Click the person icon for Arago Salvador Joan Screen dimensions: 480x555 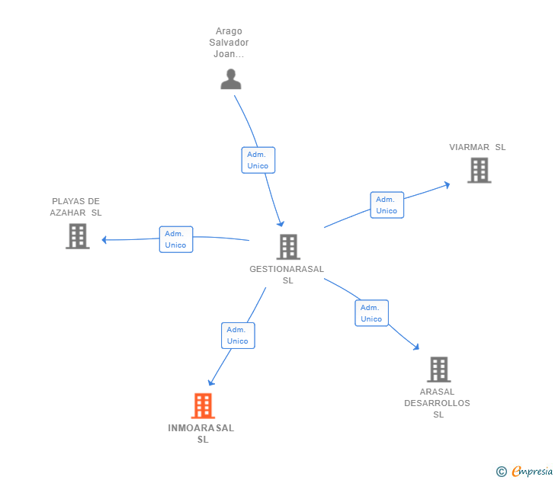pyautogui.click(x=230, y=79)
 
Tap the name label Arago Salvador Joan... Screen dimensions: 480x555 pyautogui.click(x=229, y=43)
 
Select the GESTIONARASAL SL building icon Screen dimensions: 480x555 pyautogui.click(x=287, y=247)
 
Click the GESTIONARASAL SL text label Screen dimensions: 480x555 pyautogui.click(x=287, y=274)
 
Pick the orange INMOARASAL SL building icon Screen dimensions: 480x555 pyautogui.click(x=202, y=406)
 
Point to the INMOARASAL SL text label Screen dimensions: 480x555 pyautogui.click(x=201, y=434)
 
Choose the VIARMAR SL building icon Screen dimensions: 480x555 pyautogui.click(x=479, y=171)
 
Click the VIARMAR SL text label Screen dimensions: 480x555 pyautogui.click(x=477, y=147)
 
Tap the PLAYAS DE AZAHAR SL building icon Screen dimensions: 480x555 pyautogui.click(x=77, y=236)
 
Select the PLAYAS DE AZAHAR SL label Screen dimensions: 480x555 pyautogui.click(x=76, y=207)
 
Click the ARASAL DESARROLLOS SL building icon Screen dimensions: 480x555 pyautogui.click(x=438, y=370)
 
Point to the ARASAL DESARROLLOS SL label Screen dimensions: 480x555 pyautogui.click(x=438, y=403)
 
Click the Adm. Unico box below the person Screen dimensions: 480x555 pyautogui.click(x=258, y=160)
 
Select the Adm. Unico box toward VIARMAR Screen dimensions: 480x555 pyautogui.click(x=387, y=205)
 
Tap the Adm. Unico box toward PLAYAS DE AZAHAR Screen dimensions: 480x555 pyautogui.click(x=175, y=239)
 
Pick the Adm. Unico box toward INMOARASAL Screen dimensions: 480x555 pyautogui.click(x=237, y=335)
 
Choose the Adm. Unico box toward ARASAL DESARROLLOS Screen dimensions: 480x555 pyautogui.click(x=371, y=313)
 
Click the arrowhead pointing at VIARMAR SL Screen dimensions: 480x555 pyautogui.click(x=447, y=184)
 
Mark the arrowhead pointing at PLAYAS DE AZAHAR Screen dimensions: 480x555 pyautogui.click(x=105, y=240)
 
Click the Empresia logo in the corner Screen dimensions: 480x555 pyautogui.click(x=525, y=471)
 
